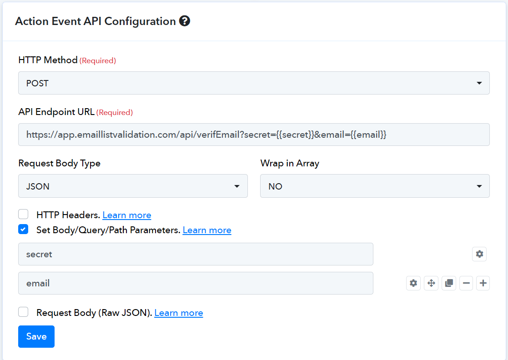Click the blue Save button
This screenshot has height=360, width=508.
36,336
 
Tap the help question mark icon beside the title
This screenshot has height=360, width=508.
185,21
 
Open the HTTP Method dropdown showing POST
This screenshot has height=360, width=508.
254,83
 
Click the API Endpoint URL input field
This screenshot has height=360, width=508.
254,135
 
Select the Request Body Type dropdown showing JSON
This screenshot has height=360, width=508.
133,186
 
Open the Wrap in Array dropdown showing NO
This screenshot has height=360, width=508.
375,186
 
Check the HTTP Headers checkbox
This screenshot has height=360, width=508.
23,214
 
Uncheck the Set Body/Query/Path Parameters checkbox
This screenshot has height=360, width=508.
23,229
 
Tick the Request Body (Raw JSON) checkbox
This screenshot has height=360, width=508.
23,312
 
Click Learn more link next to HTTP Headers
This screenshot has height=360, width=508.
127,215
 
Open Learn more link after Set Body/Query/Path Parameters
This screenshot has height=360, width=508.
207,230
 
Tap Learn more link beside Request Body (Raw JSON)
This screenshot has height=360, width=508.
179,313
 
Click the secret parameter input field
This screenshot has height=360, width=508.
196,254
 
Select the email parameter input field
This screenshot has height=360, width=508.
196,283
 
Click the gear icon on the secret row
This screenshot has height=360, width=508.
479,254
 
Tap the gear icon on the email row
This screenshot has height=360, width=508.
413,283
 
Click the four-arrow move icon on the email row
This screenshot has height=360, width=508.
431,283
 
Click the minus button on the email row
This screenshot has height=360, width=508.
466,283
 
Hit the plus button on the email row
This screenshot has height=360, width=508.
483,283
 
